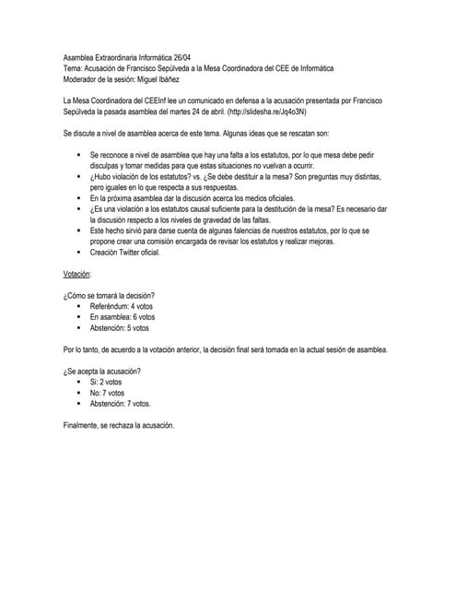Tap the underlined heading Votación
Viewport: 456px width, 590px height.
tap(77, 274)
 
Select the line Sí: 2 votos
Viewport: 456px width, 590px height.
tap(105, 382)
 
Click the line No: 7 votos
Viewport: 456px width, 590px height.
tap(106, 393)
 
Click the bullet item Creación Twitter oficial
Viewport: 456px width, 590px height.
tap(125, 252)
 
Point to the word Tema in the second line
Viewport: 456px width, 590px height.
tap(72, 68)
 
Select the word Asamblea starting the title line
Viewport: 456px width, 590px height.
tap(80, 57)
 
